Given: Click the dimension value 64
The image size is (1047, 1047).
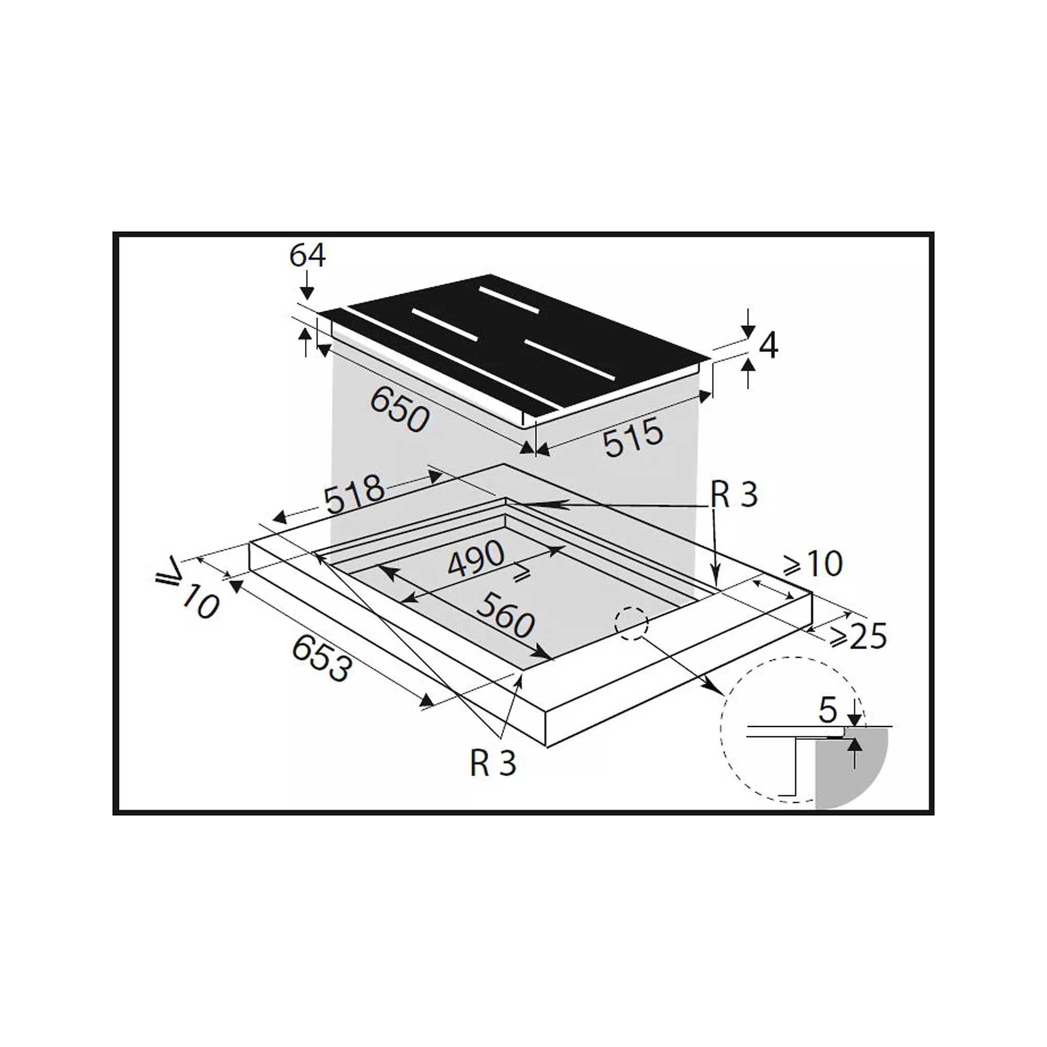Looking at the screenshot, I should coord(307,256).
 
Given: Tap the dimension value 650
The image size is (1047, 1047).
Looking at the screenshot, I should coord(399,410).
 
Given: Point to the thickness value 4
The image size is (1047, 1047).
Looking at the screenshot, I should coord(768,345).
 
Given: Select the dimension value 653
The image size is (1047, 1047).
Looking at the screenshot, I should coord(322,658).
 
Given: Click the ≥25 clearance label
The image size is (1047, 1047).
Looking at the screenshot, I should coord(859,637).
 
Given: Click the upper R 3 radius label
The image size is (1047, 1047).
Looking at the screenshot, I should coord(734,495).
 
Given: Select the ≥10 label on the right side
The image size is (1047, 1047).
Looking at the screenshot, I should coord(814,565).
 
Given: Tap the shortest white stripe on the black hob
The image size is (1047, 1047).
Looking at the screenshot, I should coord(509,300).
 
